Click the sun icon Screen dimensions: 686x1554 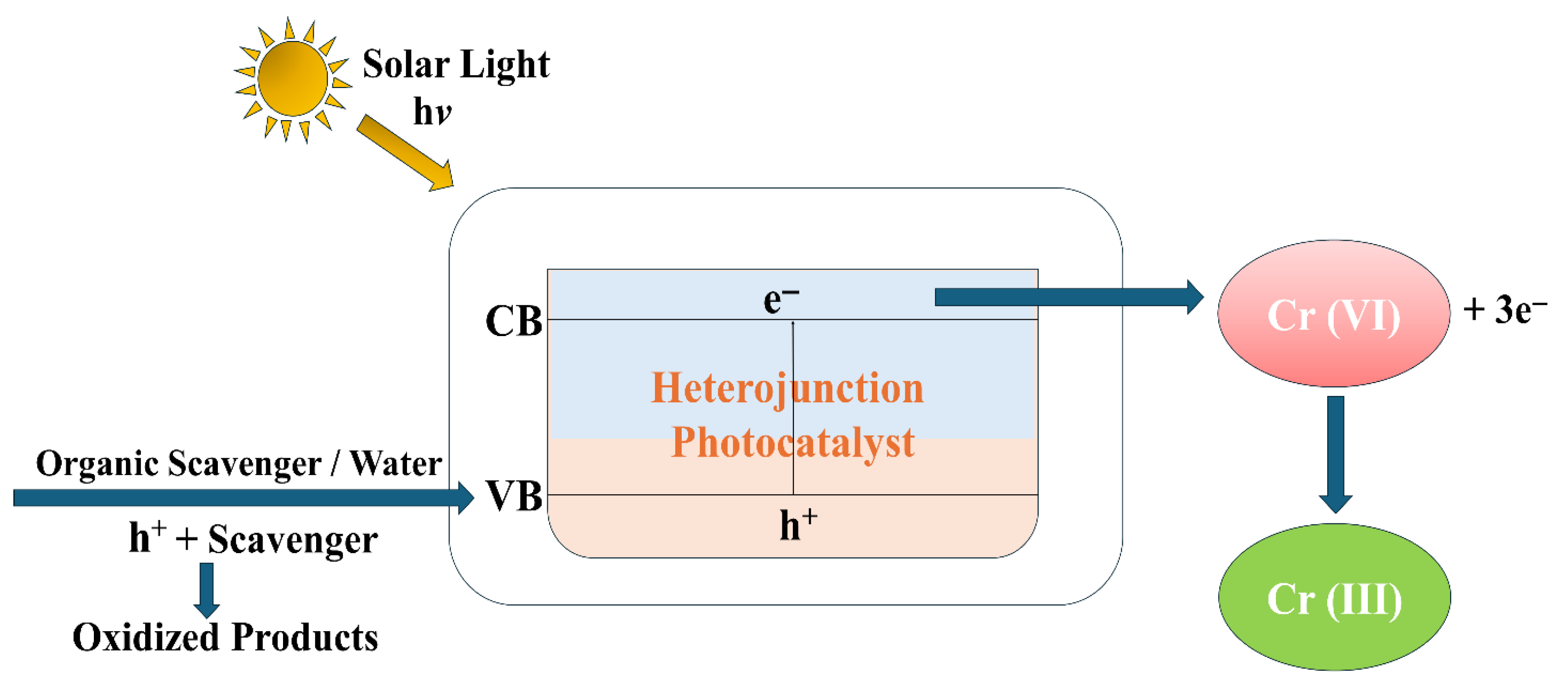292,79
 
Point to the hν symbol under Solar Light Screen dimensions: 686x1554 432,112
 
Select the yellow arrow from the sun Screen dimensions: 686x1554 404,153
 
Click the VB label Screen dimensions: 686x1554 514,497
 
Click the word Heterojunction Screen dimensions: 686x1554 787,388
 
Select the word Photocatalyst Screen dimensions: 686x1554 793,442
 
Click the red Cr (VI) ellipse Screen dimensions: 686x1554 1333,314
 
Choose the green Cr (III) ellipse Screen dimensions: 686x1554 1334,598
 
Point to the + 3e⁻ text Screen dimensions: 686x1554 1505,309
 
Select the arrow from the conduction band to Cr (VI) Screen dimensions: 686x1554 1068,297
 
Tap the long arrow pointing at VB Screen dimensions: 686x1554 242,498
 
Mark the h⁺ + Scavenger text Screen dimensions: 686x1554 253,539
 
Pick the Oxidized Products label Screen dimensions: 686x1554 225,637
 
